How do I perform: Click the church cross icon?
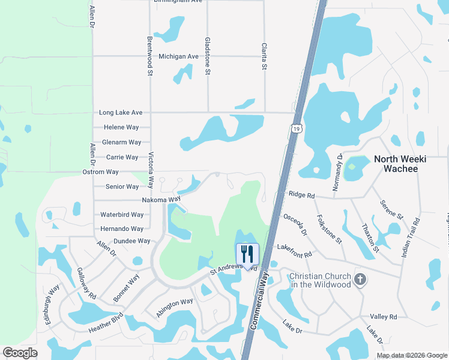point(360,280)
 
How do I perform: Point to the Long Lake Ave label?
point(121,112)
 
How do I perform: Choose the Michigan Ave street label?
point(178,56)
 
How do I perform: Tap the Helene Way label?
point(121,127)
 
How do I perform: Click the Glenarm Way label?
point(122,142)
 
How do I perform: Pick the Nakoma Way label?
point(161,200)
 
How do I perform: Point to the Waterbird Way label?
point(122,214)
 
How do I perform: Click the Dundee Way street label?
point(131,241)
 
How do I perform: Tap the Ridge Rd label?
point(301,195)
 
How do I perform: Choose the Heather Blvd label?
point(106,323)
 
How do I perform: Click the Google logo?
point(20,353)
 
